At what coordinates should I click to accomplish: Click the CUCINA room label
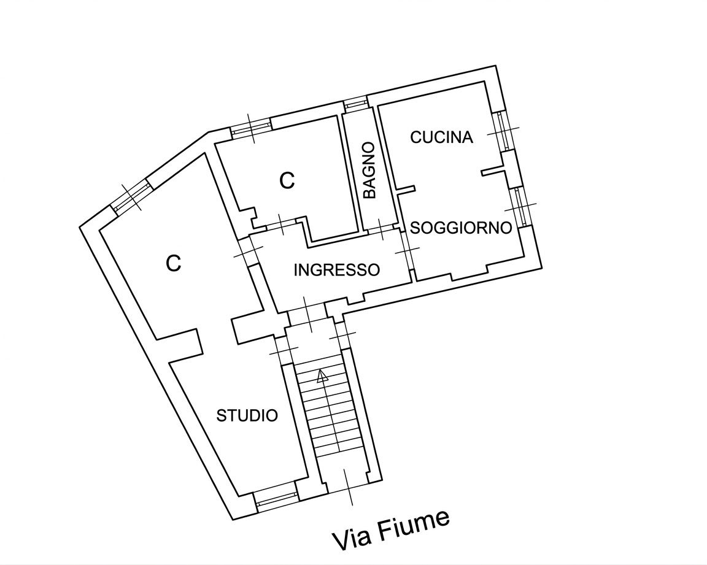click(441, 137)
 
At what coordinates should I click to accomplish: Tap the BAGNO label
click(369, 171)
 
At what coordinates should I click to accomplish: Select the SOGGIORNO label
click(461, 228)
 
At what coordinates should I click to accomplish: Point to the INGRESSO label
click(336, 269)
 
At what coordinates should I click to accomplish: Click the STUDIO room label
click(247, 415)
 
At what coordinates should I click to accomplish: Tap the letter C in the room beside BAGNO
click(287, 180)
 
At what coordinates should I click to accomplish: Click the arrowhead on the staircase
click(322, 376)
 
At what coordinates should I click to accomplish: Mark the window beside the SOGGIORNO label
click(521, 206)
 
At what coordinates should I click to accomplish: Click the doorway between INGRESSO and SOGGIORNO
click(407, 250)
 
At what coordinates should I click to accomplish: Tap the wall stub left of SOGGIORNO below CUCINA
click(405, 189)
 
